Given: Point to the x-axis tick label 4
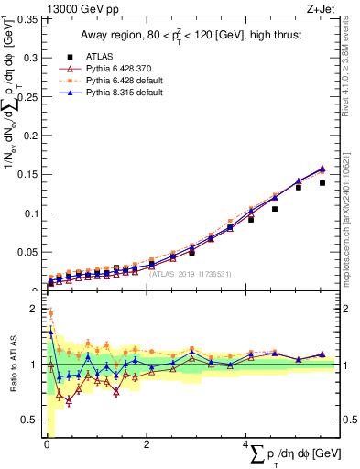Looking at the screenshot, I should click(x=245, y=445).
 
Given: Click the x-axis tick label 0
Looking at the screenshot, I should click(x=46, y=445).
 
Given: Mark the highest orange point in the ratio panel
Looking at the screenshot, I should click(x=50, y=313).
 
